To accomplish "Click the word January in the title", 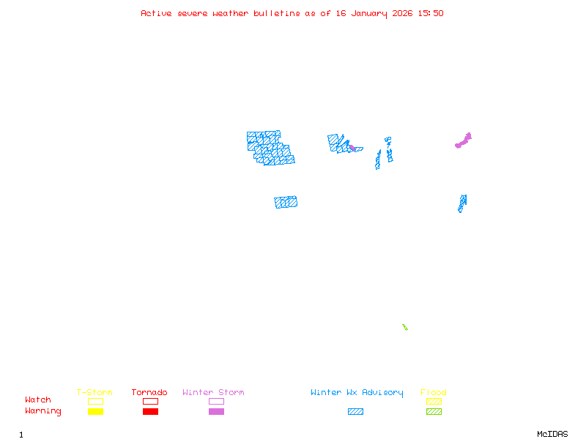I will (368, 13).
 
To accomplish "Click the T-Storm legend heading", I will (94, 393).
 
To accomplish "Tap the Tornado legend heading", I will (149, 393).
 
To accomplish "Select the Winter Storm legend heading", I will (213, 393).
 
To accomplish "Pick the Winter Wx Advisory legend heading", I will (357, 393).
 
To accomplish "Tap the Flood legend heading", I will (434, 393).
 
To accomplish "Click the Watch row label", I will (38, 400).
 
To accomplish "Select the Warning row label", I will (43, 411).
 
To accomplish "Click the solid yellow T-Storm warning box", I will (95, 412).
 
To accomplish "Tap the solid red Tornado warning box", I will (150, 412).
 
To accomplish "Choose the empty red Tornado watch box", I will (150, 401).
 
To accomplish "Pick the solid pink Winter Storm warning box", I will (216, 412).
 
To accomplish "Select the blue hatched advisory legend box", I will (355, 412).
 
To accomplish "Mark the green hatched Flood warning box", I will (434, 412).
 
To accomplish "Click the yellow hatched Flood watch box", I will (434, 401).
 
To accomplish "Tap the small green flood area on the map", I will (404, 326).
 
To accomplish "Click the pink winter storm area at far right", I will (464, 140).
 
